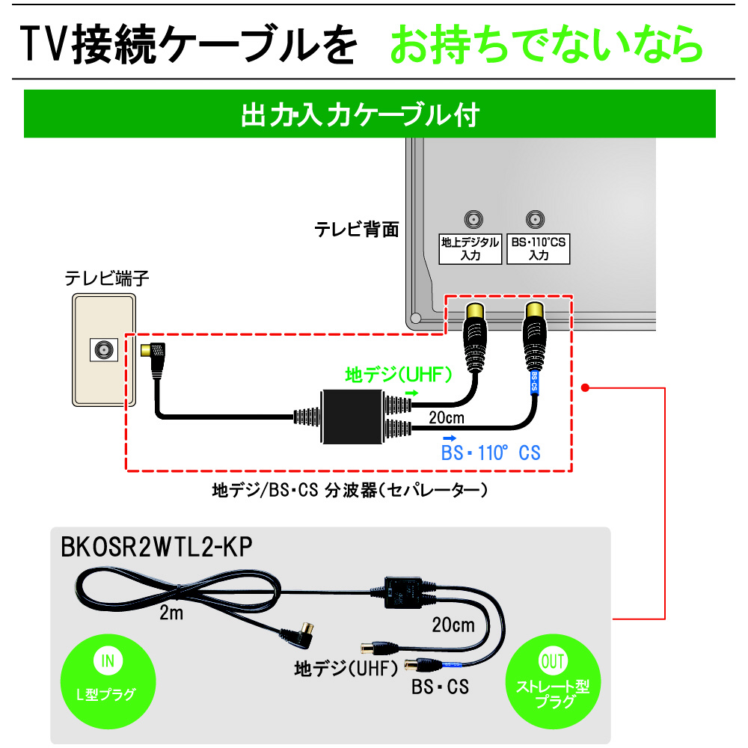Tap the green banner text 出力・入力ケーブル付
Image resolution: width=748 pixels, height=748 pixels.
pos(359,115)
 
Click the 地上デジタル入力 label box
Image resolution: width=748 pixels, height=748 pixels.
pos(469,248)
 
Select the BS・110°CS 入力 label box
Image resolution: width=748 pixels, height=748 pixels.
pos(538,248)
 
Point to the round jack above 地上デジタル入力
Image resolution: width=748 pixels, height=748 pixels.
pos(473,220)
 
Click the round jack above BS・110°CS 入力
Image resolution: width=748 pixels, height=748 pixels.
pos(534,220)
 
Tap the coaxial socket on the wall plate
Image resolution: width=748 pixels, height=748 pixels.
pos(103,349)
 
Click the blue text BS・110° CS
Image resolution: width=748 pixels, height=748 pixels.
pos(491,453)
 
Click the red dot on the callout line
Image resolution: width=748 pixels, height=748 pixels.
pos(586,387)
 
